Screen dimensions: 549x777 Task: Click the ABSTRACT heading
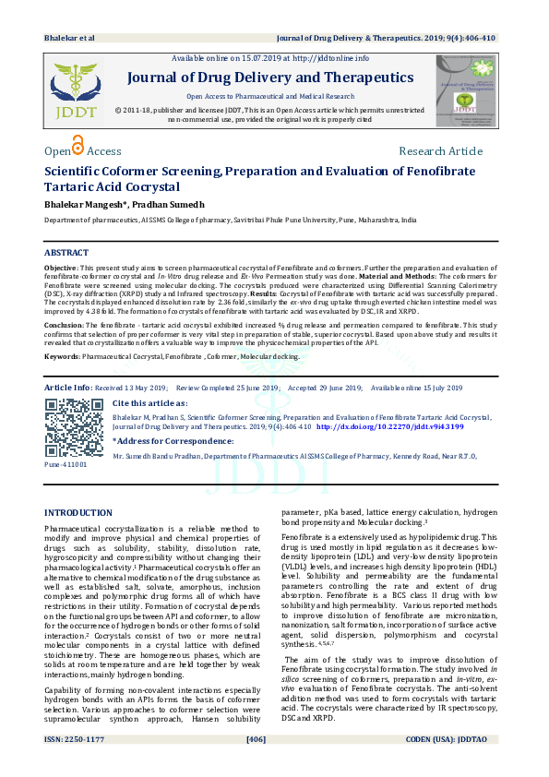click(67, 252)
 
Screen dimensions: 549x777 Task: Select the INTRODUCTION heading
click(79, 512)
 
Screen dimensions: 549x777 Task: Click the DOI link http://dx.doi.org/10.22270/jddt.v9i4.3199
click(390, 427)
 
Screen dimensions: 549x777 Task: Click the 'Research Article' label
click(440, 151)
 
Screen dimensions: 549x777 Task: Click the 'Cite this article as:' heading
click(149, 403)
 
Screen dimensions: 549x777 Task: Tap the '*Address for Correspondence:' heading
click(172, 442)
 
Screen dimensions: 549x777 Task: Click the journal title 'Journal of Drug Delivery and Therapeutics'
click(269, 78)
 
